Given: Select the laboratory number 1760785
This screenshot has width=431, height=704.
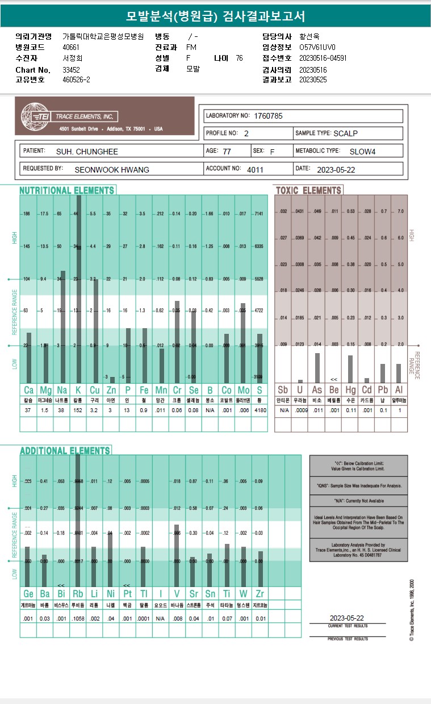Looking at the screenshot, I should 268,116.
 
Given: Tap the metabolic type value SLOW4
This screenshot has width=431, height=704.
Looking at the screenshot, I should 362,152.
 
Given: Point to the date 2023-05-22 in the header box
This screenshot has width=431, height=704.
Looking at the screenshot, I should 336,169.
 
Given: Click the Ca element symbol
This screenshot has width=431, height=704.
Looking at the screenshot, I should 28,390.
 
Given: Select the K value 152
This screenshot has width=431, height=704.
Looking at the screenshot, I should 78,410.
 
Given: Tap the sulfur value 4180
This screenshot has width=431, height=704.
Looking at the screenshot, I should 260,410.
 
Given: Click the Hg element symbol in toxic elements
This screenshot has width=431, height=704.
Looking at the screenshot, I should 350,390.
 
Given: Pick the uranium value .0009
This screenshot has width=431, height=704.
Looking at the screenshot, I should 300,410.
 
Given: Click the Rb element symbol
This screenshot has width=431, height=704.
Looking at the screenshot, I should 78,593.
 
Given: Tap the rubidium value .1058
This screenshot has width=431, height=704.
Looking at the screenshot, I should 78,618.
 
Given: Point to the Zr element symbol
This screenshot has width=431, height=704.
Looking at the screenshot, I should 260,593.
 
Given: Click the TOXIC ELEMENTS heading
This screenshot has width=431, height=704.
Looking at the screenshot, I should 308,190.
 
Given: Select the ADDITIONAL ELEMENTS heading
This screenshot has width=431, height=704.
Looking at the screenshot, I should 65,450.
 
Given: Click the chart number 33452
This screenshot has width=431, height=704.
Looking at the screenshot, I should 71,70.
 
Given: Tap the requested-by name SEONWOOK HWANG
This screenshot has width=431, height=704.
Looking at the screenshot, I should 111,169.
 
